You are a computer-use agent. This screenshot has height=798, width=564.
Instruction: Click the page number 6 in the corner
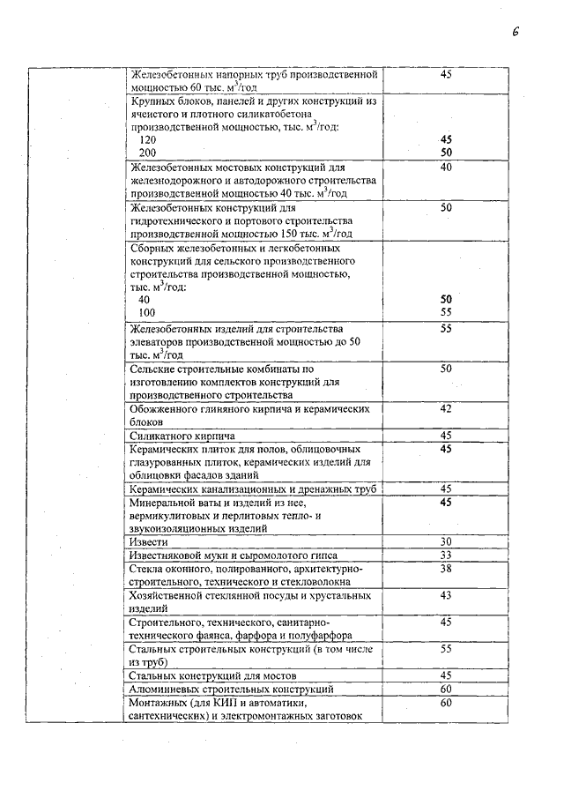(516, 33)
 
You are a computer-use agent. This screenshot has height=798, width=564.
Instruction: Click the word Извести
(146, 541)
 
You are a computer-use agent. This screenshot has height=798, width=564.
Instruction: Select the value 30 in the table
(446, 541)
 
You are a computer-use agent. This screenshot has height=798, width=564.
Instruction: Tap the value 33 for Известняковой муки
(446, 555)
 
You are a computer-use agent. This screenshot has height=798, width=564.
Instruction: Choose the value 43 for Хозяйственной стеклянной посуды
(446, 595)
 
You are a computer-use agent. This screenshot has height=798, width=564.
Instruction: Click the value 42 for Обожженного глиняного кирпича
(446, 408)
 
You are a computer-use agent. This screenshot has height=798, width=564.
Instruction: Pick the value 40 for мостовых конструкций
(446, 167)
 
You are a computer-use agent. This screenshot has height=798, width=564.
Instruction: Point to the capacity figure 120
(147, 140)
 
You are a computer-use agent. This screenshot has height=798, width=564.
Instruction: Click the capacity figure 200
(147, 153)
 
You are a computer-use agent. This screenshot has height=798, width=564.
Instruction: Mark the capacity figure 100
(146, 312)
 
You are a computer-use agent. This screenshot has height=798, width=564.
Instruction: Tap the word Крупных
(152, 101)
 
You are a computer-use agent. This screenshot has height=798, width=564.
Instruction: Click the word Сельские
(154, 368)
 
